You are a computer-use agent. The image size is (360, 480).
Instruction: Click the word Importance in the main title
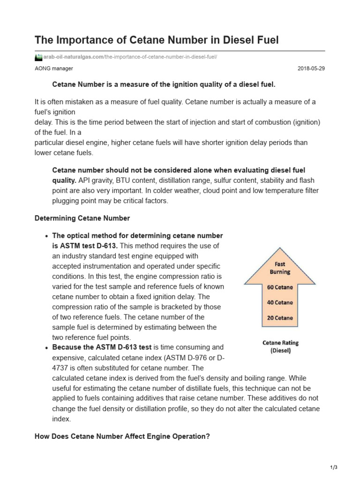point(89,40)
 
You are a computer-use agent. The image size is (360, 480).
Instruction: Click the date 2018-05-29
point(311,68)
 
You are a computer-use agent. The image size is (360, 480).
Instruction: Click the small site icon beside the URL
point(38,57)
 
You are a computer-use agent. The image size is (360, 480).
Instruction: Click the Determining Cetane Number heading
point(82,218)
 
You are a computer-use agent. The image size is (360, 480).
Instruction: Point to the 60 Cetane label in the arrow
point(280,287)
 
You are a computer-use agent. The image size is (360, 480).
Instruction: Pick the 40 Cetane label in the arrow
point(280,302)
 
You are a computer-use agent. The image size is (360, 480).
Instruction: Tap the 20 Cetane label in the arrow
point(280,318)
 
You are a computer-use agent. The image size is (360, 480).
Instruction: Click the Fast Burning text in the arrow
point(280,268)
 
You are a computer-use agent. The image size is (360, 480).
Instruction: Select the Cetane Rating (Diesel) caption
point(280,346)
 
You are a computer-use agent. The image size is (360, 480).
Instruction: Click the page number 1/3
point(334,467)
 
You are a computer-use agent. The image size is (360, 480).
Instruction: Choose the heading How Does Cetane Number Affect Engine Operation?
point(122,436)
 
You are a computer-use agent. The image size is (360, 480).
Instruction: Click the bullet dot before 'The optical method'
point(47,236)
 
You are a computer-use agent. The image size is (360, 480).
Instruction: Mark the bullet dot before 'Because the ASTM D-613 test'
point(47,348)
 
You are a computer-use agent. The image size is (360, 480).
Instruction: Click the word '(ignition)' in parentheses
point(306,122)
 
